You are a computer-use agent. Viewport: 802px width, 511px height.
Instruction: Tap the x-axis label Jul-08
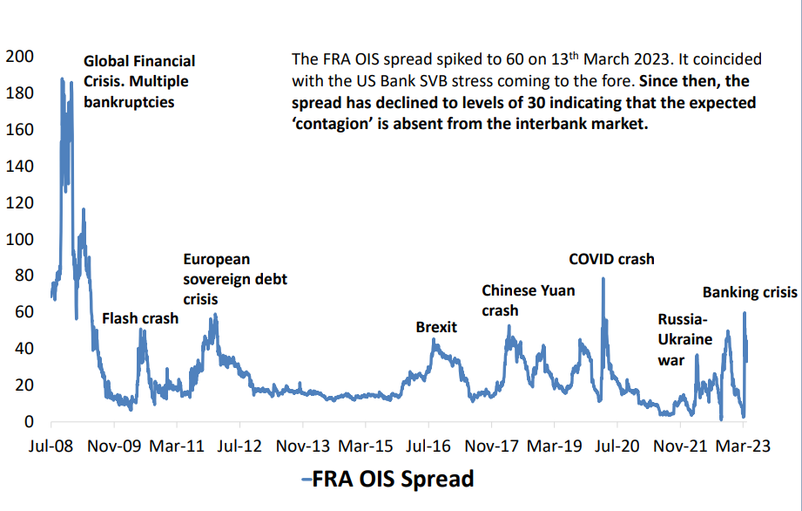[51, 446]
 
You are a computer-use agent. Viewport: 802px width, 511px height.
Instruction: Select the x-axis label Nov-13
[303, 446]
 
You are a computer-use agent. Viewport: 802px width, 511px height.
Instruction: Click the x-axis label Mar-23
[743, 446]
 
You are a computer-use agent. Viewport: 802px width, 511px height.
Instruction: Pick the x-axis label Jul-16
[428, 446]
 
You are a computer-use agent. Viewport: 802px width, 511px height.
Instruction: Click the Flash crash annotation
[140, 318]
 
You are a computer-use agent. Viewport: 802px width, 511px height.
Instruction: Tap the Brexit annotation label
[436, 327]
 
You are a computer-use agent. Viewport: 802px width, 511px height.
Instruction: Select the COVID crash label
[611, 259]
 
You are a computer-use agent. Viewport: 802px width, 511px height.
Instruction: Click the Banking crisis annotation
[750, 293]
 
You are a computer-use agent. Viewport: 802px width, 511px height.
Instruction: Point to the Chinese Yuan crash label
[529, 300]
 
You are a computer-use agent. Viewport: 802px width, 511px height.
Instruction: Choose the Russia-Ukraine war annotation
[684, 339]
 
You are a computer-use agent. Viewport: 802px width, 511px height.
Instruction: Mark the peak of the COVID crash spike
[603, 278]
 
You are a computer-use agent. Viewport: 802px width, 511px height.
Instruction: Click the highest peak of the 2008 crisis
[62, 78]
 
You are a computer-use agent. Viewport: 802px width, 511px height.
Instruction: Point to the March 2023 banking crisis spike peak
[745, 312]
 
